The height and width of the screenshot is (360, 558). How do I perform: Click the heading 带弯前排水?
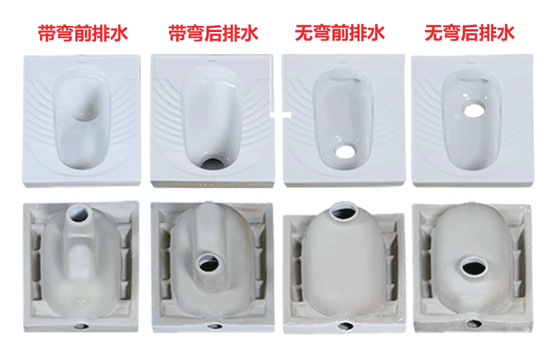82,34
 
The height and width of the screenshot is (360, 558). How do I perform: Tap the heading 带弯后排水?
213,34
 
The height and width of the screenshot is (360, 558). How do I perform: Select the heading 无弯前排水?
340,33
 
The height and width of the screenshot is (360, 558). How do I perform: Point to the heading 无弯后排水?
470,33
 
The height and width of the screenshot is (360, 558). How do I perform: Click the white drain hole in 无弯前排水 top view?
345,152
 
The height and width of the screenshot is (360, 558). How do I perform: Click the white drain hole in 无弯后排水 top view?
474,110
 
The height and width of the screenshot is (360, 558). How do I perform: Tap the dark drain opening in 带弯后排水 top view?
213,163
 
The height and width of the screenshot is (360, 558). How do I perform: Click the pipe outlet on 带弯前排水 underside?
79,214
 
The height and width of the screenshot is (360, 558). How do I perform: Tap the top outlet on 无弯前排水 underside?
344,212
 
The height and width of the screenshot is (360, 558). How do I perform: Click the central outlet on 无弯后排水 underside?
475,268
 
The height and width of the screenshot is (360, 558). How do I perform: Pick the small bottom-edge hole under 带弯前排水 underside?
82,325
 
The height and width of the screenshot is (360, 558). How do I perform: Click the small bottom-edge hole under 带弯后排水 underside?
215,326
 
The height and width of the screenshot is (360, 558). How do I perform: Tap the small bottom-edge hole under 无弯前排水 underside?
345,325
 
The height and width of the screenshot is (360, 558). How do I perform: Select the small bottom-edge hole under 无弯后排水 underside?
474,323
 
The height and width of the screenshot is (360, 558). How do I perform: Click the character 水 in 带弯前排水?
119,34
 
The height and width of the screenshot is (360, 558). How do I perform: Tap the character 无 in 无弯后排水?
434,33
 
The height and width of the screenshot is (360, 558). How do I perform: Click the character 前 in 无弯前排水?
340,33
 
